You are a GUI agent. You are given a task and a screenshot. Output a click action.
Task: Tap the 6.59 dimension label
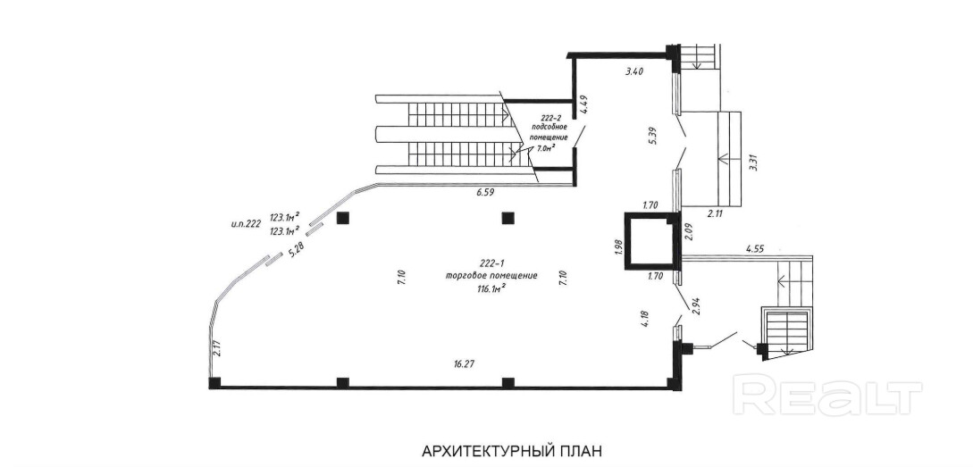[x=485, y=192]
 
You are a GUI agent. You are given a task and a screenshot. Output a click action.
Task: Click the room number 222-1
[x=493, y=263]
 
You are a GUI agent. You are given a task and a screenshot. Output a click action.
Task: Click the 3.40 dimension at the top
[x=633, y=71]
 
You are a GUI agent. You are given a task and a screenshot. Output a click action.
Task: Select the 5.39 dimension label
[x=652, y=136]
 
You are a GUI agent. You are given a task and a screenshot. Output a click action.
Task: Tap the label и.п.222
[x=244, y=224]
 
